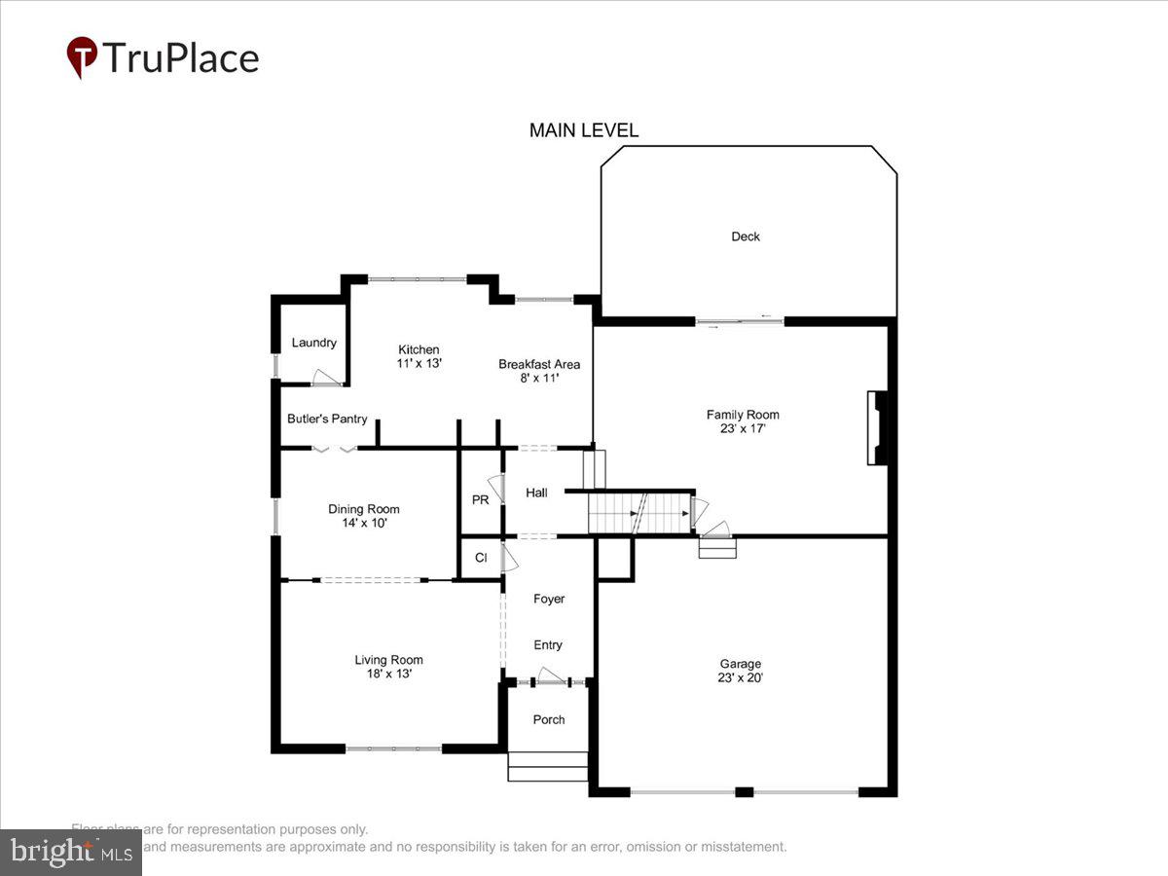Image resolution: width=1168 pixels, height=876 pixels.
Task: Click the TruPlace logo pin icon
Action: (x=82, y=56)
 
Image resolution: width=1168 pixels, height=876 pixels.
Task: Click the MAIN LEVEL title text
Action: (x=584, y=130)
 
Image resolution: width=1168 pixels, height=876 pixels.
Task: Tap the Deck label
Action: (x=746, y=237)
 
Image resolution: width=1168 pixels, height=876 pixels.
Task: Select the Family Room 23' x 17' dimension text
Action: (x=743, y=428)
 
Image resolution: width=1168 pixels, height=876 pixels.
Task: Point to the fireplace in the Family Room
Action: (x=879, y=428)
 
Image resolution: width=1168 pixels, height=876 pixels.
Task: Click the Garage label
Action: (x=741, y=664)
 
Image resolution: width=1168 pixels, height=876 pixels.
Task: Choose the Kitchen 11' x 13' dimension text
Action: (x=419, y=363)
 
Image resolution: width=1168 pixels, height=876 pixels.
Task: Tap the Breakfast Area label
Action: (x=539, y=364)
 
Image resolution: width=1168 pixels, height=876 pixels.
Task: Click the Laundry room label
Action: (x=313, y=343)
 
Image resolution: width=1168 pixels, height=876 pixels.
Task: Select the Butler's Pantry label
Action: (x=327, y=419)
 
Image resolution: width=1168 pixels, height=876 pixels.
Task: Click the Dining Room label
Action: (x=363, y=509)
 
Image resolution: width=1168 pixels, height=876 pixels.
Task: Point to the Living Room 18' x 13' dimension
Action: (x=388, y=674)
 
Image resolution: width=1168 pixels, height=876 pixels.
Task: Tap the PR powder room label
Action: (x=480, y=499)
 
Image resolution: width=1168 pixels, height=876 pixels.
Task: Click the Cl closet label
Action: (x=481, y=558)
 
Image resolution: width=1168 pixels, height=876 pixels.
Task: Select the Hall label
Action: (x=536, y=493)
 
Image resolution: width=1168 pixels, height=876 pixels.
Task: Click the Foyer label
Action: (x=549, y=599)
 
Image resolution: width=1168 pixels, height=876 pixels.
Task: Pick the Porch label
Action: (x=549, y=719)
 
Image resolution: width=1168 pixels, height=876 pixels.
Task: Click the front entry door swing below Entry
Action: (x=551, y=675)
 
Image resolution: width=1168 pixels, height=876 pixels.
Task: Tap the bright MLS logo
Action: (x=70, y=853)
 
